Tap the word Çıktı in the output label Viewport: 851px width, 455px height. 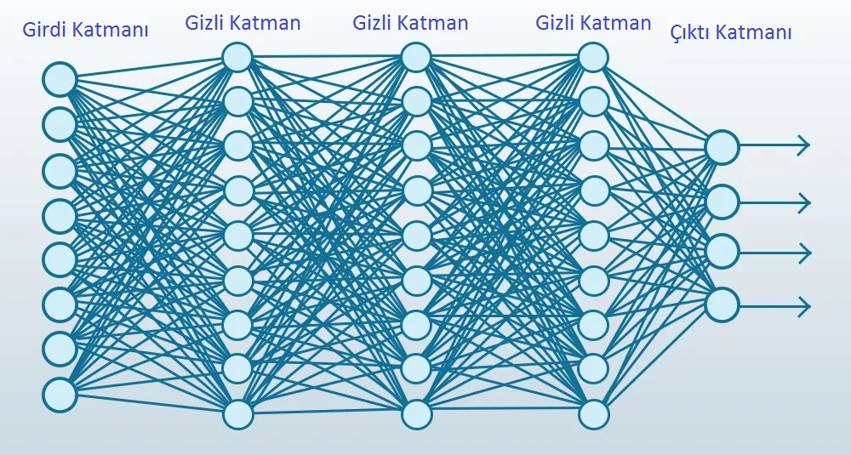click(691, 32)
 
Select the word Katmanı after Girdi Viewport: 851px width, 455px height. click(110, 29)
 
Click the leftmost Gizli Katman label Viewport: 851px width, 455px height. click(243, 23)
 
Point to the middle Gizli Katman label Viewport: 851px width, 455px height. click(410, 23)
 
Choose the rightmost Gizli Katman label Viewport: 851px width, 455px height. click(593, 23)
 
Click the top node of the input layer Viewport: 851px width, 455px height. click(60, 79)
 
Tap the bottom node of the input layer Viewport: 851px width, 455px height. click(60, 395)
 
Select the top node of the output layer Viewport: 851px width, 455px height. click(722, 146)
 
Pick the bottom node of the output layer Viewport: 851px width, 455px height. click(722, 304)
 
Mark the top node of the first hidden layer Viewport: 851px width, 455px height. click(237, 57)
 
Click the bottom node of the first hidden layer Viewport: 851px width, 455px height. click(237, 414)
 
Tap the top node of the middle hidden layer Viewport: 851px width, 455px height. click(417, 57)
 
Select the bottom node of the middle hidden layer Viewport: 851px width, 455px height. click(417, 414)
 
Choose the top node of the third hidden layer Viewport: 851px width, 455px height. click(593, 57)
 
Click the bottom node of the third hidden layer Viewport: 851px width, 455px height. click(593, 414)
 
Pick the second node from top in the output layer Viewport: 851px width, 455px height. click(722, 202)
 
